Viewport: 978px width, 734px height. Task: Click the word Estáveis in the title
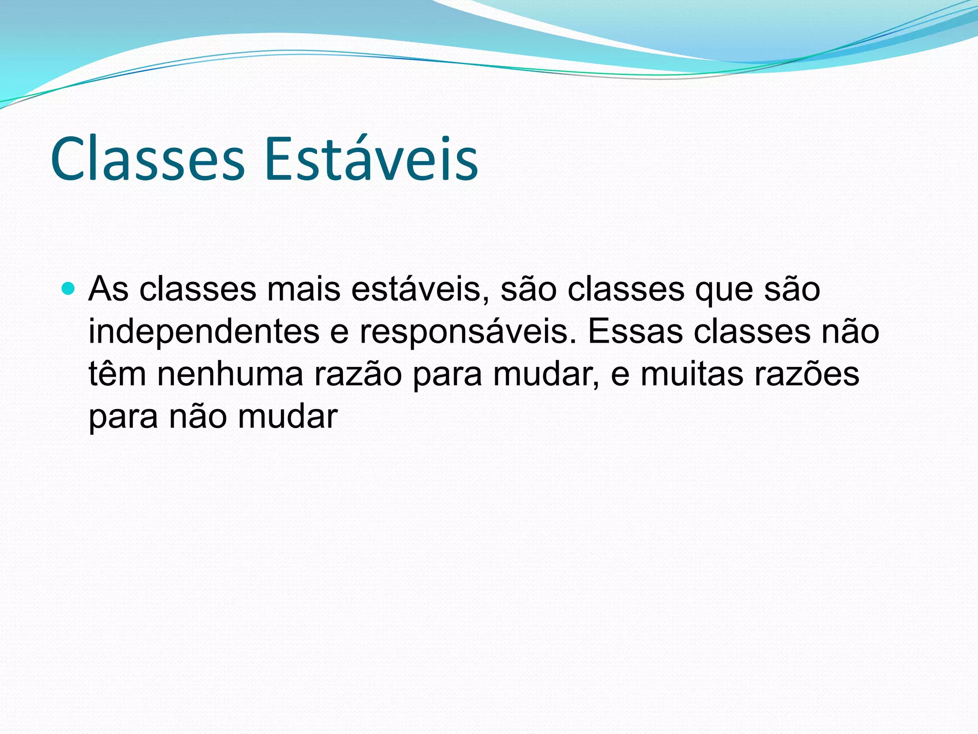point(371,159)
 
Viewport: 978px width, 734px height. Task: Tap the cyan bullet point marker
point(69,289)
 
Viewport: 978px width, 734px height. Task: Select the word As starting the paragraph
point(108,289)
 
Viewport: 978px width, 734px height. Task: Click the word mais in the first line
point(303,289)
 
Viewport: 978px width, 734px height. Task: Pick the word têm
point(117,374)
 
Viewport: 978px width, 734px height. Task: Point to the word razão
point(358,374)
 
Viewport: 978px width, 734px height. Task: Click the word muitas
point(691,374)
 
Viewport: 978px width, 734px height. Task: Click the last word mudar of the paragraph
point(287,416)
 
